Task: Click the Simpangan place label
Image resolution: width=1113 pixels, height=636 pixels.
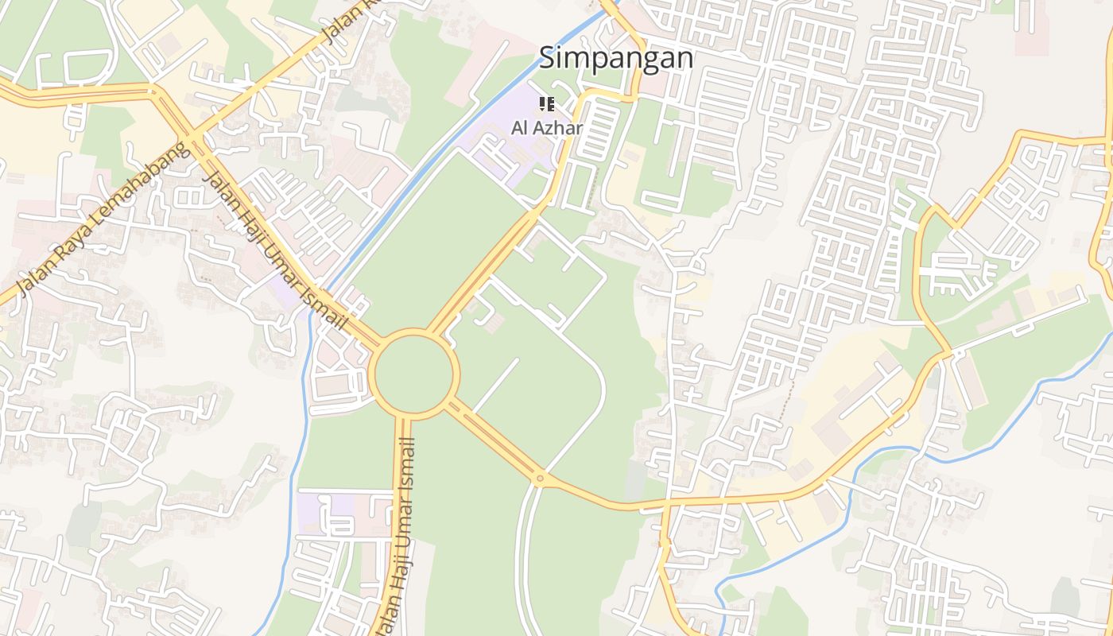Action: click(x=616, y=58)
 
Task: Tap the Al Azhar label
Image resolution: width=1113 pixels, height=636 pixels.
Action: click(x=547, y=127)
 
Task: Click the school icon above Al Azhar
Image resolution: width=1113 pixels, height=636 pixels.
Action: click(x=546, y=103)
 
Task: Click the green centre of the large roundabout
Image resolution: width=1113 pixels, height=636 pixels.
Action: click(x=413, y=374)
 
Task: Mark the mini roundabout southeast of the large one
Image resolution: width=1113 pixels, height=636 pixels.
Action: click(x=540, y=479)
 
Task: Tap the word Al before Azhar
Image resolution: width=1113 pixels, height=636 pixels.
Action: click(x=519, y=127)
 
